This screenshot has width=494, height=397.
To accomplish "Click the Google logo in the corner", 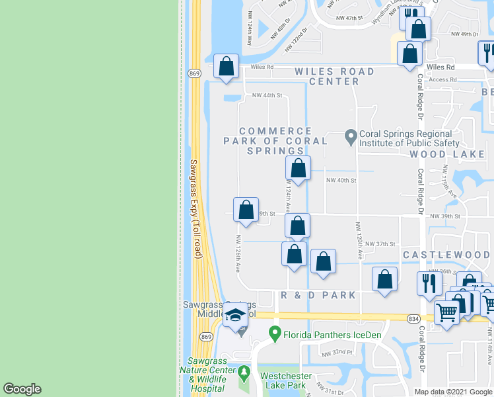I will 22,389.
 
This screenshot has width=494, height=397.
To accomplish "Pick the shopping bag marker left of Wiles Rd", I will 227,66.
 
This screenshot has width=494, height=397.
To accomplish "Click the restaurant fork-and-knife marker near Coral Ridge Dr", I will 429,283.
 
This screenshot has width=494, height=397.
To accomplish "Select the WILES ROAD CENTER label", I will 335,76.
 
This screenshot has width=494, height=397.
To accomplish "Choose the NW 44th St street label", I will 267,96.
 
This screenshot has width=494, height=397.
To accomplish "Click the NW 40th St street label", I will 341,180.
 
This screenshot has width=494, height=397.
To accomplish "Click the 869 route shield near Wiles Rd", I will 194,72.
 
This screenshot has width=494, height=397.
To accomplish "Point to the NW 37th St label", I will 380,243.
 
